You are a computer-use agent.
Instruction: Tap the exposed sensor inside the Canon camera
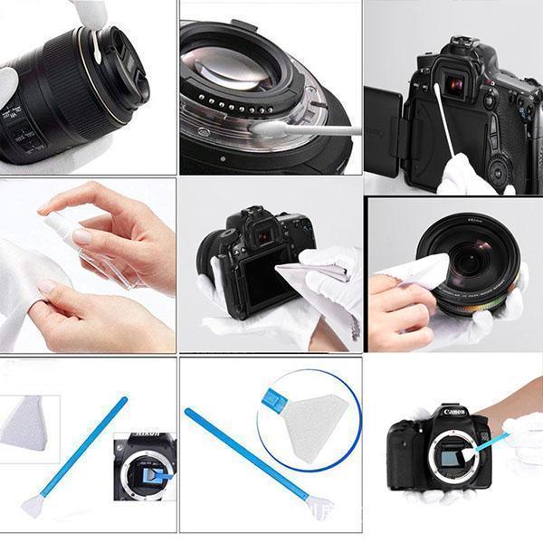click(452, 458)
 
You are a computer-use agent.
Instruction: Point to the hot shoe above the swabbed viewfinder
click(451, 54)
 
